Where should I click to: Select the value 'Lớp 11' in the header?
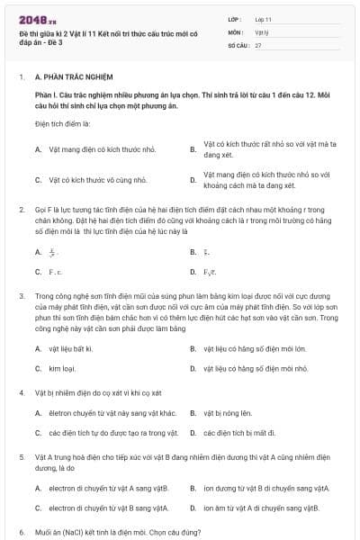click(x=264, y=18)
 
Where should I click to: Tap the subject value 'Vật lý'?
click(x=261, y=31)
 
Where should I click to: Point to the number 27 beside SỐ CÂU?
click(x=258, y=44)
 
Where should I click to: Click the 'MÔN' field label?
click(x=235, y=31)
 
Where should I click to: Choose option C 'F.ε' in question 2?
click(x=55, y=270)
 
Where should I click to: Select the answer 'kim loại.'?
click(x=62, y=368)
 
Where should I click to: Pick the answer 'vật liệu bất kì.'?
click(x=71, y=347)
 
